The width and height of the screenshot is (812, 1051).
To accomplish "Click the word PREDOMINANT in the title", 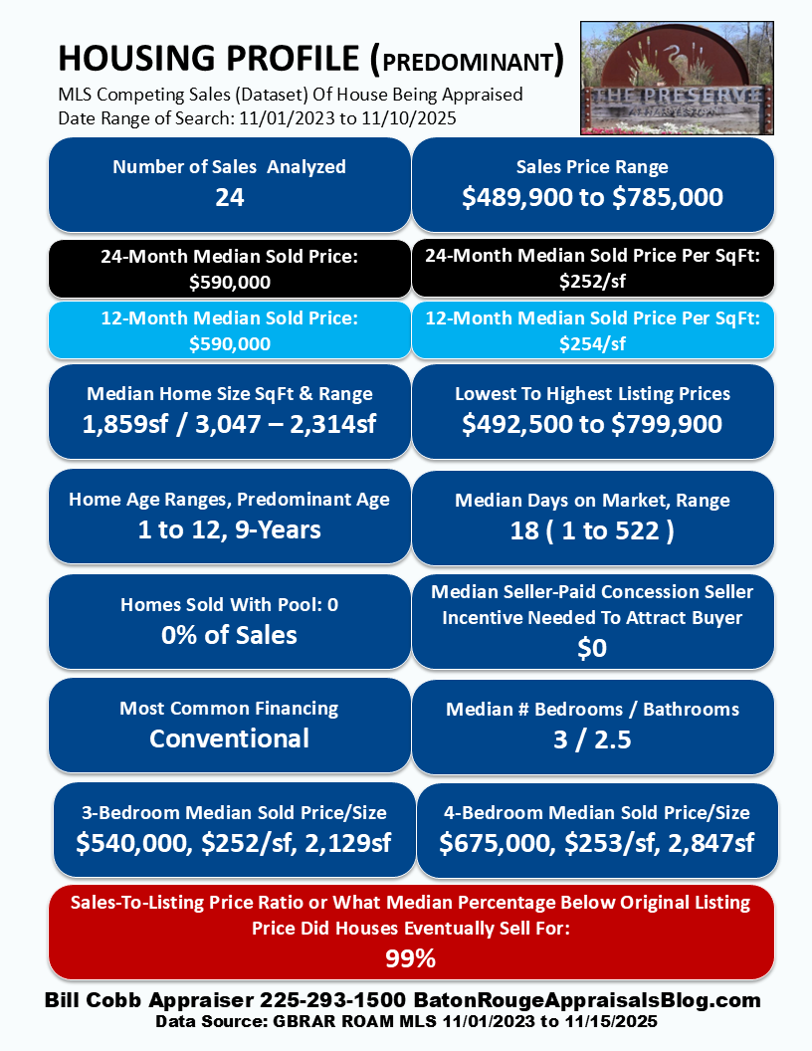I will pos(468,62).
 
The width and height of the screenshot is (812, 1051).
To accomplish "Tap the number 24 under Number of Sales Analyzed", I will pos(229,197).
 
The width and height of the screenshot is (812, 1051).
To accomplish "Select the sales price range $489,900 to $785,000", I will pos(592,197).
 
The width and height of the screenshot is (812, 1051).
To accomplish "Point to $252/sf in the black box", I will pos(592,281).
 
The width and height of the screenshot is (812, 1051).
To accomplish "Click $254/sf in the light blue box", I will pos(592,343).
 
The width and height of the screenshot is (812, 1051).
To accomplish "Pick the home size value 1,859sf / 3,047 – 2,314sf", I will pos(229,424).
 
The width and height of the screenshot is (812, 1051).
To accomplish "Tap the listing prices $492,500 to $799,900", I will pos(592,424).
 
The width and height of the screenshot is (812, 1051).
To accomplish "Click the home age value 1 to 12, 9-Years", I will pos(229,529).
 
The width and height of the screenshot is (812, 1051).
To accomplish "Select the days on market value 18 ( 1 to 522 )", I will pos(592,530).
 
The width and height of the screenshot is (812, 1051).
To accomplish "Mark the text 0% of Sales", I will pos(229,635).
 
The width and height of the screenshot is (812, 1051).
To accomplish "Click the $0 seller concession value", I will pos(592,649).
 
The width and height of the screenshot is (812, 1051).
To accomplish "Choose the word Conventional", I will pos(229,738).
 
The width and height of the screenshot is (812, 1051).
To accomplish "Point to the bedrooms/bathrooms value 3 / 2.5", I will pos(592,739).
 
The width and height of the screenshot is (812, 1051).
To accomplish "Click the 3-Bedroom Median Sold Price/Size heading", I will pos(235,813).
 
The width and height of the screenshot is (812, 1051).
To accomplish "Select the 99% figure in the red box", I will pos(410,959).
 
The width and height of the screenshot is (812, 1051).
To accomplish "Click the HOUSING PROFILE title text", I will pos(209,60).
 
